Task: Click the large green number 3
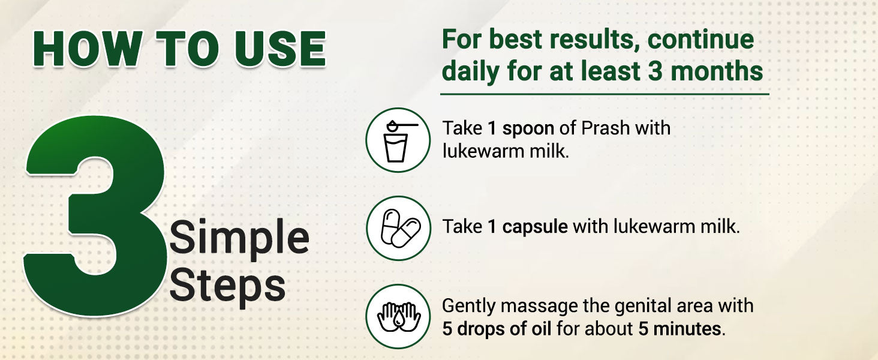click(95, 215)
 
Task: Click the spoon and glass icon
click(398, 140)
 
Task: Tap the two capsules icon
click(398, 228)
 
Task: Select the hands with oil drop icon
click(398, 316)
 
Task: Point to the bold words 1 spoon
click(521, 128)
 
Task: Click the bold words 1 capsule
click(528, 227)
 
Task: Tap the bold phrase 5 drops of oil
click(497, 329)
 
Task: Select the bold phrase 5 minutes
click(679, 329)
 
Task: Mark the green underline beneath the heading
click(605, 94)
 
